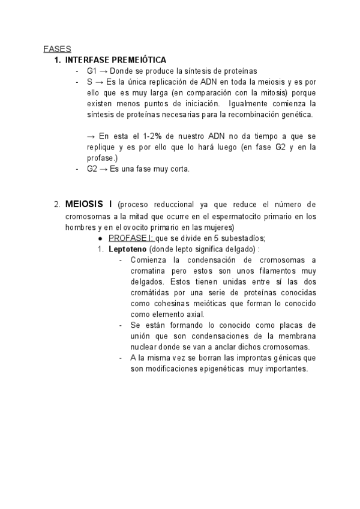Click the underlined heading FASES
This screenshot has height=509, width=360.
tap(58, 49)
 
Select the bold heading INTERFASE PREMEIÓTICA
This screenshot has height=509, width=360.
tap(116, 60)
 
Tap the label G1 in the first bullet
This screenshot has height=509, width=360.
tap(92, 71)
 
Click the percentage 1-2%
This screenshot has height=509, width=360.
tap(143, 136)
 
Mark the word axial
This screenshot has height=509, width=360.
tap(193, 314)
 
